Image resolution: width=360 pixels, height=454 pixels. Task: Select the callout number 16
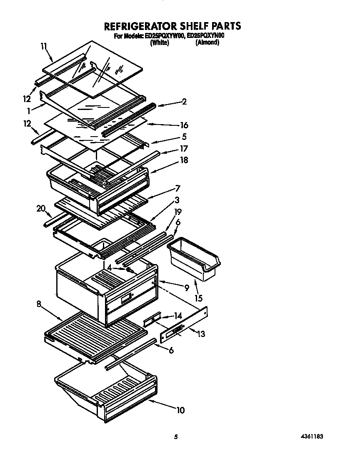(184, 125)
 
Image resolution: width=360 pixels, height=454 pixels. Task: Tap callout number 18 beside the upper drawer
(184, 160)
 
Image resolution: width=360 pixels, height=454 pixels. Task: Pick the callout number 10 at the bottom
(180, 410)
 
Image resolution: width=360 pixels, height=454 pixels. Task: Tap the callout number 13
(201, 334)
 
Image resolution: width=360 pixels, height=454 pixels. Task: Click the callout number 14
(178, 316)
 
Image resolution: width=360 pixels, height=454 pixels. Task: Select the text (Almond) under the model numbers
(207, 42)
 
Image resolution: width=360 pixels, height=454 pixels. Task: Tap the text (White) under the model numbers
(160, 42)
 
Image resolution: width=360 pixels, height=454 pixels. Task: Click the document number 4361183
(312, 437)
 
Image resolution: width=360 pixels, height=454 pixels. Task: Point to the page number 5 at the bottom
(176, 437)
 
